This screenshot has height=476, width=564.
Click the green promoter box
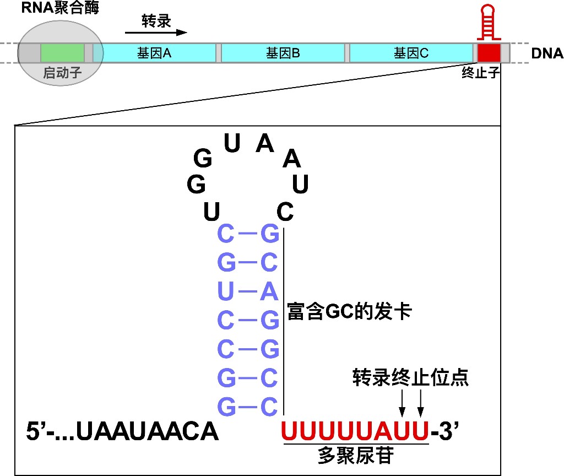pos(62,53)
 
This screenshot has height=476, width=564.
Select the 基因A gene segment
pos(154,53)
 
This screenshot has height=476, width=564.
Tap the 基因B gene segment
pos(283,53)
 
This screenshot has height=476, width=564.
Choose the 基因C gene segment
pos(411,53)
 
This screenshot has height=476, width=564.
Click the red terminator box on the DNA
pos(489,53)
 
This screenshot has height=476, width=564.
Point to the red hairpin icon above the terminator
pos(489,22)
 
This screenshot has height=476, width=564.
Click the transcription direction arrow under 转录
pos(156,33)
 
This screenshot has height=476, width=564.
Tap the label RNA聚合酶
pos(60,8)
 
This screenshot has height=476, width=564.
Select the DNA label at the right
pos(547,53)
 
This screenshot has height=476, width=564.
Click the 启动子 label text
pos(62,73)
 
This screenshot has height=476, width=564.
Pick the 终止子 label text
pos(480,73)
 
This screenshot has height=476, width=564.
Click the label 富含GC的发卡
pos(349,311)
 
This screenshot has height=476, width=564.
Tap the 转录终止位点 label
pos(410,377)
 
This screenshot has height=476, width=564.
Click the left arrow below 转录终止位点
pos(402,403)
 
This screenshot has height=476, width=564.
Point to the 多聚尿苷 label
pos(356,456)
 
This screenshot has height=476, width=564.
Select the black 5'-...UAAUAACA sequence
pos(122,431)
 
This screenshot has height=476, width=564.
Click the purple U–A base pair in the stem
pos(248,291)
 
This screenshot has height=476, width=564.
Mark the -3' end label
pos(444,430)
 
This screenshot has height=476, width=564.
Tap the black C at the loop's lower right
pos(285,212)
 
